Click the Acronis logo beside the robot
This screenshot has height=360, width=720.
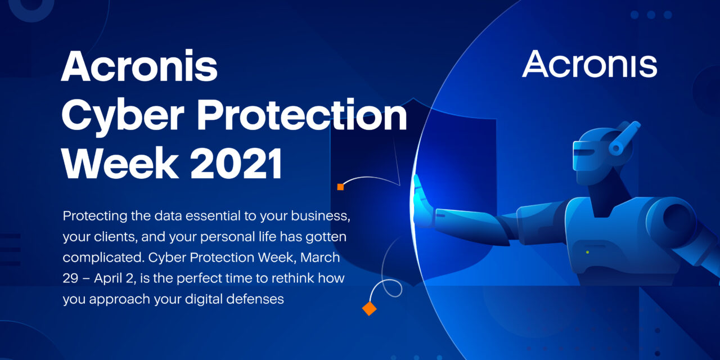(589, 64)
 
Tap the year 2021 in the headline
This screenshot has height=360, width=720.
(236, 163)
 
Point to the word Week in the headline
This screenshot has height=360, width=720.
(120, 163)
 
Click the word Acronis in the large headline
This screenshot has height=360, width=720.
(139, 65)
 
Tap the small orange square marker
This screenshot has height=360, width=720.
(340, 187)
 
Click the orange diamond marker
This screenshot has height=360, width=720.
(370, 309)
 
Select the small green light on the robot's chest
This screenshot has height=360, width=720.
(588, 253)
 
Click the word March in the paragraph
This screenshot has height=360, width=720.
(320, 258)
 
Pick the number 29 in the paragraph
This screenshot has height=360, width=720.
(70, 278)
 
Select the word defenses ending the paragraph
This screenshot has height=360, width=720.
(255, 299)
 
